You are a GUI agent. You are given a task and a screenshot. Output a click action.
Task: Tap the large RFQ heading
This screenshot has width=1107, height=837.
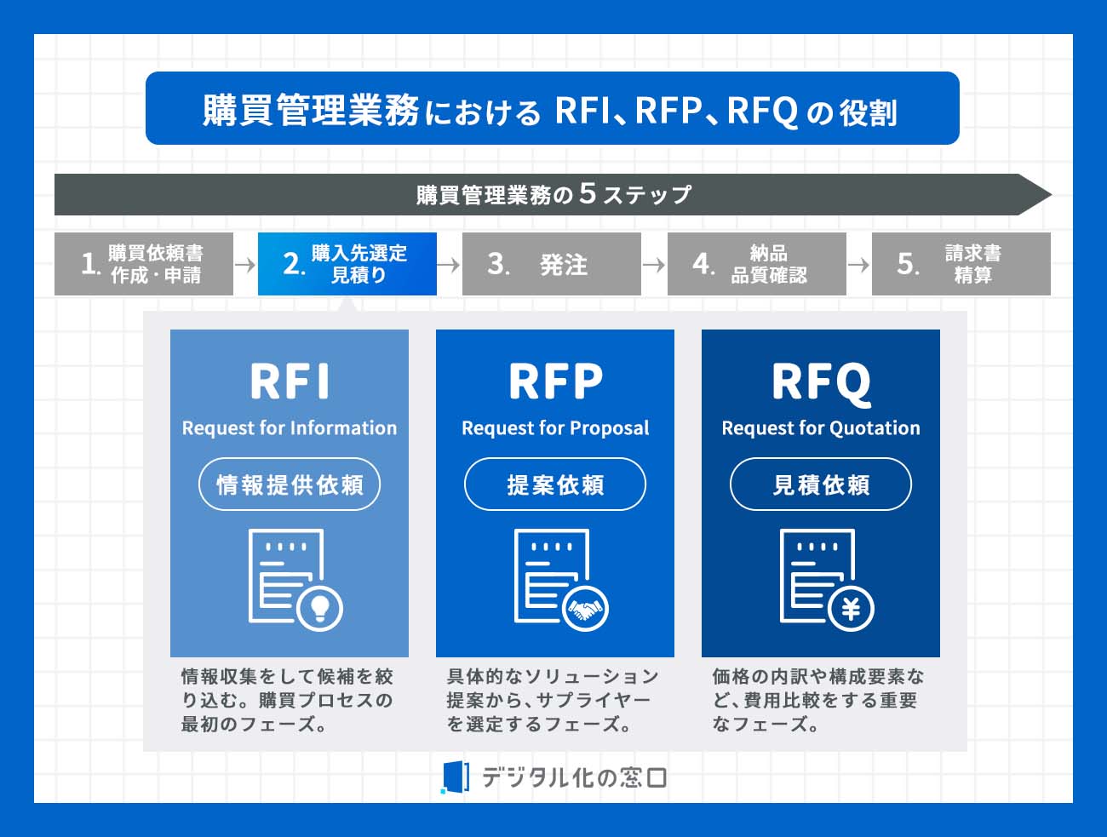tap(821, 382)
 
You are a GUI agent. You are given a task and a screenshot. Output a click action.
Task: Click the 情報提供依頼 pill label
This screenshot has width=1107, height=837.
tap(290, 484)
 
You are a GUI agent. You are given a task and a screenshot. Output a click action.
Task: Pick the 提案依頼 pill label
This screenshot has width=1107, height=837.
tap(555, 484)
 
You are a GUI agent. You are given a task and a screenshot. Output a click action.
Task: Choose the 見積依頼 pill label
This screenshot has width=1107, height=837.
tap(821, 484)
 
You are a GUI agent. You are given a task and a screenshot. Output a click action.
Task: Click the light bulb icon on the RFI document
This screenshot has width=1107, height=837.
tap(320, 608)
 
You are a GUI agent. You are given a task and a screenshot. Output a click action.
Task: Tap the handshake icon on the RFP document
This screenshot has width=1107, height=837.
tap(585, 609)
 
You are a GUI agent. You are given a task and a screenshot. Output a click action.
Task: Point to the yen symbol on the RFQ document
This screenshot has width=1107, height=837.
tap(851, 609)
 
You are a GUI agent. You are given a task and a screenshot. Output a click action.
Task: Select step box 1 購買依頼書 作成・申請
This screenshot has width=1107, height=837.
tap(144, 264)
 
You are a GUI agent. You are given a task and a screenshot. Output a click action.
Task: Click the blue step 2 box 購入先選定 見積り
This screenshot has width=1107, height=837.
tap(347, 264)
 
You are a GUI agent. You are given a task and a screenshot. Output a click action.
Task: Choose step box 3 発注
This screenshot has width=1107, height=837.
tap(552, 264)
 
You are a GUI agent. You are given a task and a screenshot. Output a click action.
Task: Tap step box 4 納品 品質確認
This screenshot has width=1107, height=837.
tap(756, 264)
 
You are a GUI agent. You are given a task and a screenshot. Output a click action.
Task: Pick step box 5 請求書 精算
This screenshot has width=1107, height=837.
tap(961, 264)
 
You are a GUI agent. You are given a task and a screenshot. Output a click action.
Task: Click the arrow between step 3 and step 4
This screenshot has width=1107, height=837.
tap(654, 265)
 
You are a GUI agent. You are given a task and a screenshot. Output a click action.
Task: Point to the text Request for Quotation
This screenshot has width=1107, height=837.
tap(821, 427)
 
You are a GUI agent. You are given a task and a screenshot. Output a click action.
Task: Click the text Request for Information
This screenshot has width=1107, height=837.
tap(290, 427)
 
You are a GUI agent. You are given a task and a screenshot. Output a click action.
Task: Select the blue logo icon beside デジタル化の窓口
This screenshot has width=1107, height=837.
tap(456, 777)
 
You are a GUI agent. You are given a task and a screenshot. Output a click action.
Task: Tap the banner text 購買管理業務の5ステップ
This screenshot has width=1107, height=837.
tap(553, 194)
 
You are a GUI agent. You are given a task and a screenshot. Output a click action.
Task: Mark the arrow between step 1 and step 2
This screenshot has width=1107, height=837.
tap(245, 265)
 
